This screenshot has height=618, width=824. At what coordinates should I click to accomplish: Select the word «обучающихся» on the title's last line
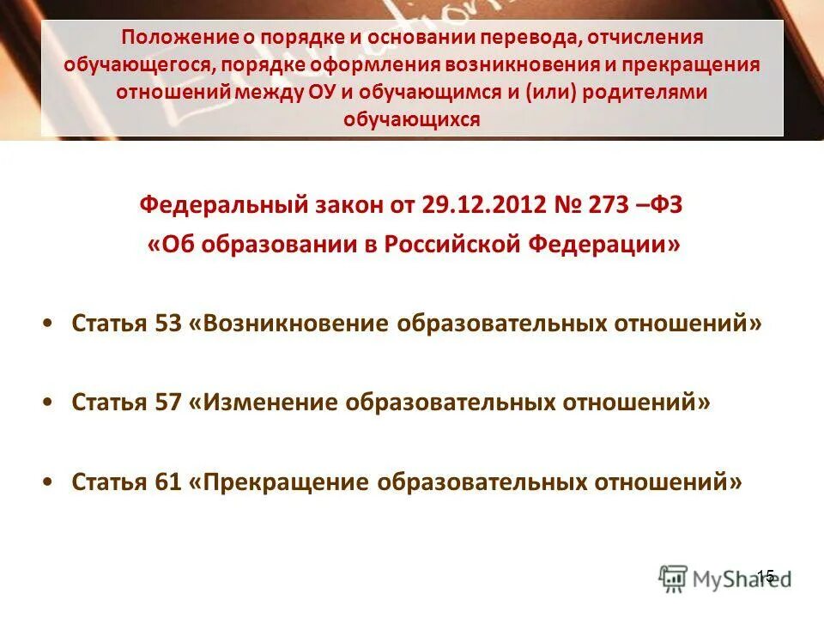point(411,119)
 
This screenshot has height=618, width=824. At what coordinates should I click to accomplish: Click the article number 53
point(167,324)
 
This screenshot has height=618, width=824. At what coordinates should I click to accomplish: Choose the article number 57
point(167,403)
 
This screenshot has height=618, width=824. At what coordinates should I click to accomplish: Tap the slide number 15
point(766,575)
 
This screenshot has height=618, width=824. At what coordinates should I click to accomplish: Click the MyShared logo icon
point(672,577)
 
